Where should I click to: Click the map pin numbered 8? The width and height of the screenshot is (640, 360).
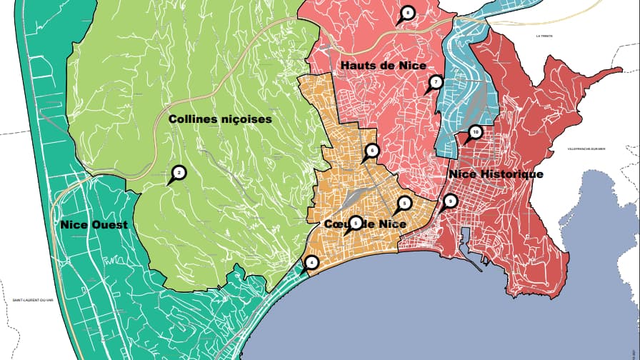pyautogui.click(x=407, y=13)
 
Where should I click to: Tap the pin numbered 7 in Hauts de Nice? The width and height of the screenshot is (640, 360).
pyautogui.click(x=436, y=83)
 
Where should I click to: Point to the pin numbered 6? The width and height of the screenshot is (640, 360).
pyautogui.click(x=371, y=151)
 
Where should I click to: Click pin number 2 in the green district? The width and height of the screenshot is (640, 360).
pyautogui.click(x=179, y=172)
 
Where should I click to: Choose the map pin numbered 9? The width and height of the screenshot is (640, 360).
pyautogui.click(x=450, y=201)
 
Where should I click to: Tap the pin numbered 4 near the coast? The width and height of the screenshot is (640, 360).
pyautogui.click(x=311, y=262)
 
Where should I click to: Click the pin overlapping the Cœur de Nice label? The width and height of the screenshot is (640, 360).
pyautogui.click(x=356, y=223)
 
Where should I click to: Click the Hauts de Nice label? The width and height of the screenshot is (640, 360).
pyautogui.click(x=378, y=65)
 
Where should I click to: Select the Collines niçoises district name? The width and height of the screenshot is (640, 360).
pyautogui.click(x=221, y=119)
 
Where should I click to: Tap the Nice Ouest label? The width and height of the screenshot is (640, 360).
pyautogui.click(x=94, y=225)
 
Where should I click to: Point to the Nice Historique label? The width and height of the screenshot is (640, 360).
pyautogui.click(x=496, y=174)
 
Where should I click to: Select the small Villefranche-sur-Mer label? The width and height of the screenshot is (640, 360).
pyautogui.click(x=586, y=149)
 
